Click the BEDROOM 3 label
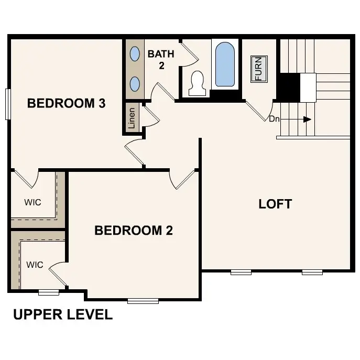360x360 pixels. coord(67,103)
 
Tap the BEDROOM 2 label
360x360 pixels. coord(134,230)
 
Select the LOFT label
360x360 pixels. coord(275,204)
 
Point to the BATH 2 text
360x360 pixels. coord(161,60)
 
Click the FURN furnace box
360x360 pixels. coord(259,69)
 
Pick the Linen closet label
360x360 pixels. coord(132,118)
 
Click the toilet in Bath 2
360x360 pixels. coord(197,83)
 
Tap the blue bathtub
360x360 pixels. coord(225,64)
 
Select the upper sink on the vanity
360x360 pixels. coord(135,54)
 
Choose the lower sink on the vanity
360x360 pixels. coord(135,84)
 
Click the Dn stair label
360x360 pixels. coord(274,119)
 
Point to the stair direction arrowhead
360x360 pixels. coord(307,119)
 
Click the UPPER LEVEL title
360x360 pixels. coord(63,314)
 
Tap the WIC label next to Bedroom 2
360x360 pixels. coord(35,265)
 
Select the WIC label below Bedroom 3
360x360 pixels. coord(32,202)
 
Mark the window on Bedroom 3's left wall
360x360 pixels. coord(8,104)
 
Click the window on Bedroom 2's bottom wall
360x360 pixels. coord(143,301)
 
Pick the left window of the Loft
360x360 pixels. coord(241,272)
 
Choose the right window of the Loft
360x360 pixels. coord(312,272)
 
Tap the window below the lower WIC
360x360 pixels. coord(49,292)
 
